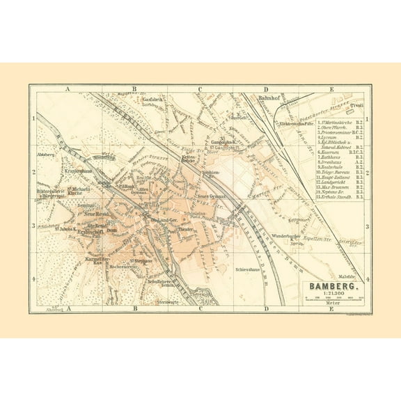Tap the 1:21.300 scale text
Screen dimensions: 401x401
(x=329, y=294)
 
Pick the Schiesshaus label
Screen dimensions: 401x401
(x=249, y=267)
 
